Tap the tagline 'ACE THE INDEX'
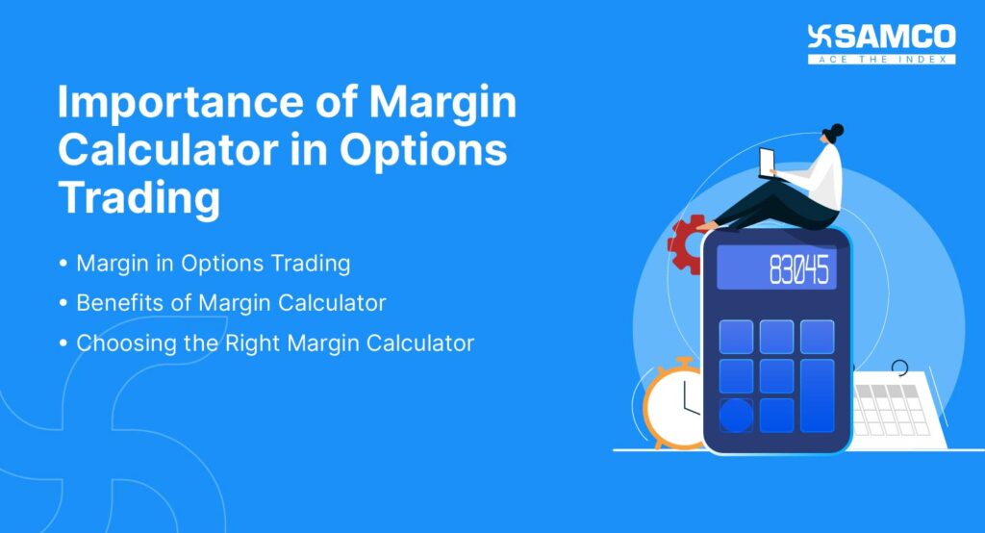point(881,59)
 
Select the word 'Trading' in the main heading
point(139,198)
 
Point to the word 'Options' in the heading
point(429,151)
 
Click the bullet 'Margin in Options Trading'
point(213,263)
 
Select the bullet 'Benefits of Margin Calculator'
point(231,302)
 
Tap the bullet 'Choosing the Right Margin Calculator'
point(275,343)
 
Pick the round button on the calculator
point(736,416)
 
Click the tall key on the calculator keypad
point(817,394)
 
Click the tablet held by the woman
point(768,164)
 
